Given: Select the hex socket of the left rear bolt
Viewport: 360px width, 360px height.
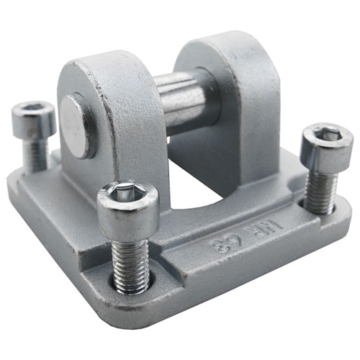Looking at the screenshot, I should [x=32, y=109].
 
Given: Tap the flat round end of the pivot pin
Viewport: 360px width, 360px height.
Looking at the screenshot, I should [x=75, y=125].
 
